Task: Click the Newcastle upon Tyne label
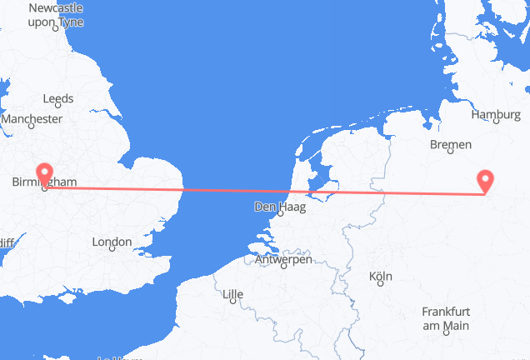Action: [55, 15]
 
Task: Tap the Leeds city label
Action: [57, 99]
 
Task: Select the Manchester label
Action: [31, 119]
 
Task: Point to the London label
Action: [112, 242]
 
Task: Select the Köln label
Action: [380, 276]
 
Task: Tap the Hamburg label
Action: [494, 114]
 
